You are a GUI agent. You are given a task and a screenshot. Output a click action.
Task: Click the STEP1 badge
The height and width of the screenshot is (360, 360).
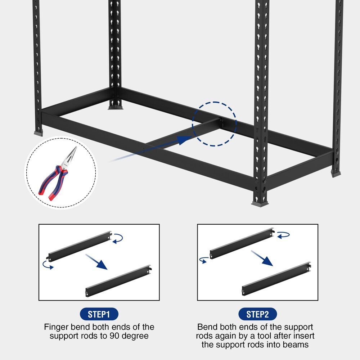(x=99, y=314)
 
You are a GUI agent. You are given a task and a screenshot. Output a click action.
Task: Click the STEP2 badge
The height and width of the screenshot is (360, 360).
(x=257, y=314)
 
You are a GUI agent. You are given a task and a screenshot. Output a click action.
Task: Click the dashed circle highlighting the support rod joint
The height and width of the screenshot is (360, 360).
(x=215, y=124)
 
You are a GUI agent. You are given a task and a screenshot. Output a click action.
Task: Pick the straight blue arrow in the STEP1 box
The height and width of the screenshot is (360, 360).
(x=96, y=262)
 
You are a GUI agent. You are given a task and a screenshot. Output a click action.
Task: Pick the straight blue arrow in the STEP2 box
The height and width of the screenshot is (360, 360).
(x=262, y=258)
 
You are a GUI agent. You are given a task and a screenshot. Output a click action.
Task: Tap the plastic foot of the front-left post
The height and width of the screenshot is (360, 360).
(x=38, y=133)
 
